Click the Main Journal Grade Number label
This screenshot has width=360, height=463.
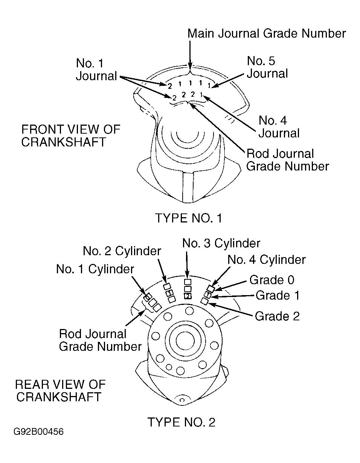[267, 34]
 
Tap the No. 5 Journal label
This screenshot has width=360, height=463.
[267, 67]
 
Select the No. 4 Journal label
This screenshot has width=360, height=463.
[279, 127]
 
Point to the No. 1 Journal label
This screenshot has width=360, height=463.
[96, 70]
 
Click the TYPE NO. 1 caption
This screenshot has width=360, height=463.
[189, 218]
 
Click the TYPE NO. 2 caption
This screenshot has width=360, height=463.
[182, 422]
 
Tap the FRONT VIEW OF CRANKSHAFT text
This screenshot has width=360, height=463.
[71, 136]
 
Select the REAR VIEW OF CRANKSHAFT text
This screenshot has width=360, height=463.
[60, 391]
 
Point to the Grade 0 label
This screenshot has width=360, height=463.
[272, 280]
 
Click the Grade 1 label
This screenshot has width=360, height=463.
[278, 295]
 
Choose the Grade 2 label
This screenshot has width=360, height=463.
[277, 316]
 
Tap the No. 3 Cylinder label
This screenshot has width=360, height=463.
[221, 243]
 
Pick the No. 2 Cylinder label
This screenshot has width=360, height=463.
[122, 251]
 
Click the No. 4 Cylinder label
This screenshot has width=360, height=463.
[267, 260]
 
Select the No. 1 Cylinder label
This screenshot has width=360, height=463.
[95, 269]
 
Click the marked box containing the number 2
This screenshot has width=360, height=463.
[188, 296]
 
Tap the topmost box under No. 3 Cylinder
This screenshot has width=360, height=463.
[188, 282]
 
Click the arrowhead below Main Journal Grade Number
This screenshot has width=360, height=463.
[190, 65]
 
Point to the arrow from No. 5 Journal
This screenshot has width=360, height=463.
[228, 81]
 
